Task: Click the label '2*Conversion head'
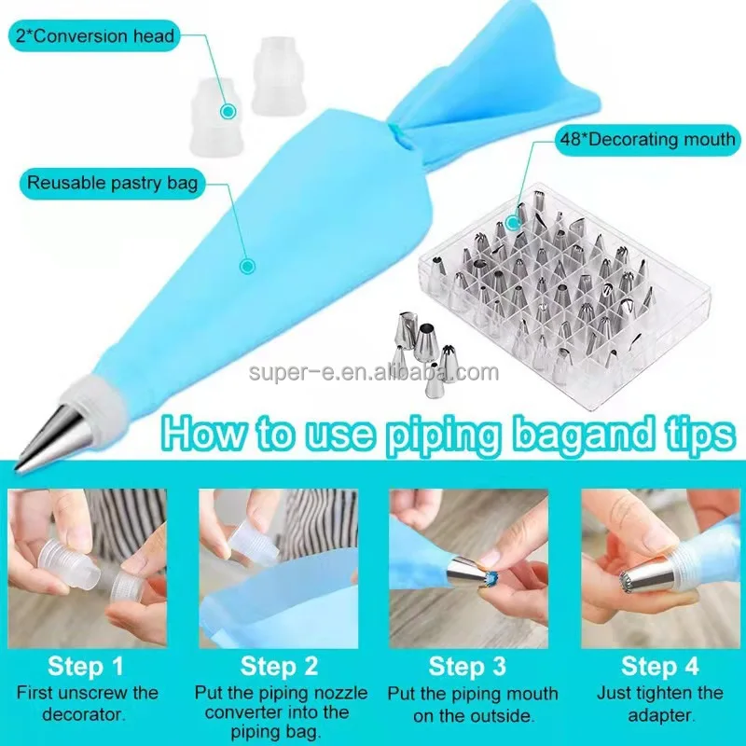point(93,36)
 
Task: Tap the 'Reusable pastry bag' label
point(112,182)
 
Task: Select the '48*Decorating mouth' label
point(647,141)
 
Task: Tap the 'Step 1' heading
point(88,666)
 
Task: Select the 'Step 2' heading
point(279,666)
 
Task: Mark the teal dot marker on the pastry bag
point(247,266)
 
